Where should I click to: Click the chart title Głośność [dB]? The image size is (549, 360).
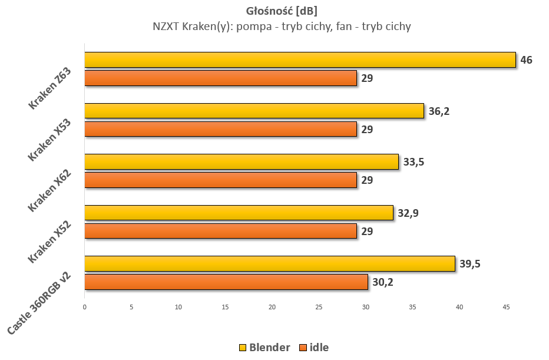[x=282, y=11]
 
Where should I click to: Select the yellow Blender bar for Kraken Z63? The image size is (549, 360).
[x=300, y=60]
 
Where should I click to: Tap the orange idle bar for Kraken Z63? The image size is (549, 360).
[x=220, y=78]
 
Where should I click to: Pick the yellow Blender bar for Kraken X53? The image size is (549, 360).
[x=254, y=111]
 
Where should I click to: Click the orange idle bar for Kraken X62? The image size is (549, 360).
[x=220, y=180]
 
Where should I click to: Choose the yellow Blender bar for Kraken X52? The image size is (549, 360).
[x=239, y=213]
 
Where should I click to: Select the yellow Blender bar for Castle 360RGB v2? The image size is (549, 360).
[x=270, y=264]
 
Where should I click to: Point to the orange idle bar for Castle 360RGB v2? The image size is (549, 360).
[x=226, y=282]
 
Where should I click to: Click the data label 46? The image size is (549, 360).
[x=526, y=60]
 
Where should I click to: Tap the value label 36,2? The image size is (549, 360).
[x=439, y=111]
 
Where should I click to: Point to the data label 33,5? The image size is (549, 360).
[x=414, y=162]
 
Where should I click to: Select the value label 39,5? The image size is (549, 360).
[x=470, y=264]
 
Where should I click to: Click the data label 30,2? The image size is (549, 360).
[x=383, y=282]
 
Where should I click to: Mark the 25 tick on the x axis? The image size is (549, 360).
[x=319, y=307]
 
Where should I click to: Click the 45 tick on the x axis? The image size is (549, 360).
[x=506, y=307]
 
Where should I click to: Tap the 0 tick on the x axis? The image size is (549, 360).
[x=85, y=307]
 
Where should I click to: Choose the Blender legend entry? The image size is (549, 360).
[x=264, y=348]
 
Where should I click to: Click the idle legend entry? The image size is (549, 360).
[x=315, y=348]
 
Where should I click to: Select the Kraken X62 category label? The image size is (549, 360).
[x=49, y=190]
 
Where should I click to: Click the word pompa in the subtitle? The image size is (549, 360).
[x=254, y=27]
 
